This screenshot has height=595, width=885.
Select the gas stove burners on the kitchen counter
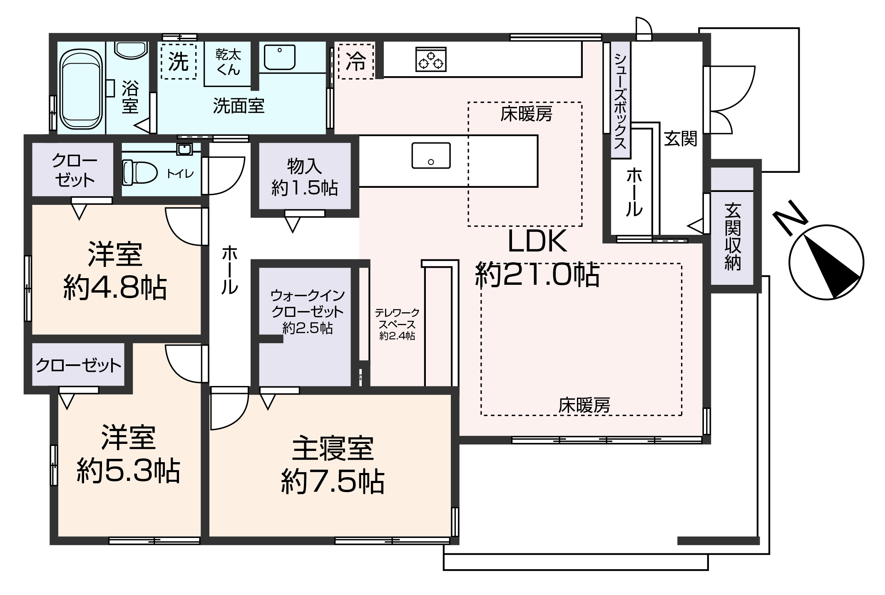click(431, 59)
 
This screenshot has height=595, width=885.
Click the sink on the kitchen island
click(431, 155)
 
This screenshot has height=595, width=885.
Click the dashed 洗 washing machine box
click(179, 62)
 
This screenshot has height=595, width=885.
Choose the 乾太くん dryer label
click(228, 62)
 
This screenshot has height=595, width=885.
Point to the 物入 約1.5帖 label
click(304, 177)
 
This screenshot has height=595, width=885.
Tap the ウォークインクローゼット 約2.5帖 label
click(308, 311)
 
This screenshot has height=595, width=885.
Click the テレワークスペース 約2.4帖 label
click(397, 324)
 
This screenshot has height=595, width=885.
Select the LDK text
click(537, 241)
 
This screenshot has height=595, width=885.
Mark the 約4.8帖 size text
click(115, 287)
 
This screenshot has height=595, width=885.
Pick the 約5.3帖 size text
click(128, 471)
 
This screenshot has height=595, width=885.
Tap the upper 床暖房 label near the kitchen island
click(526, 114)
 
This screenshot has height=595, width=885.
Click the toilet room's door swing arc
click(227, 177)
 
